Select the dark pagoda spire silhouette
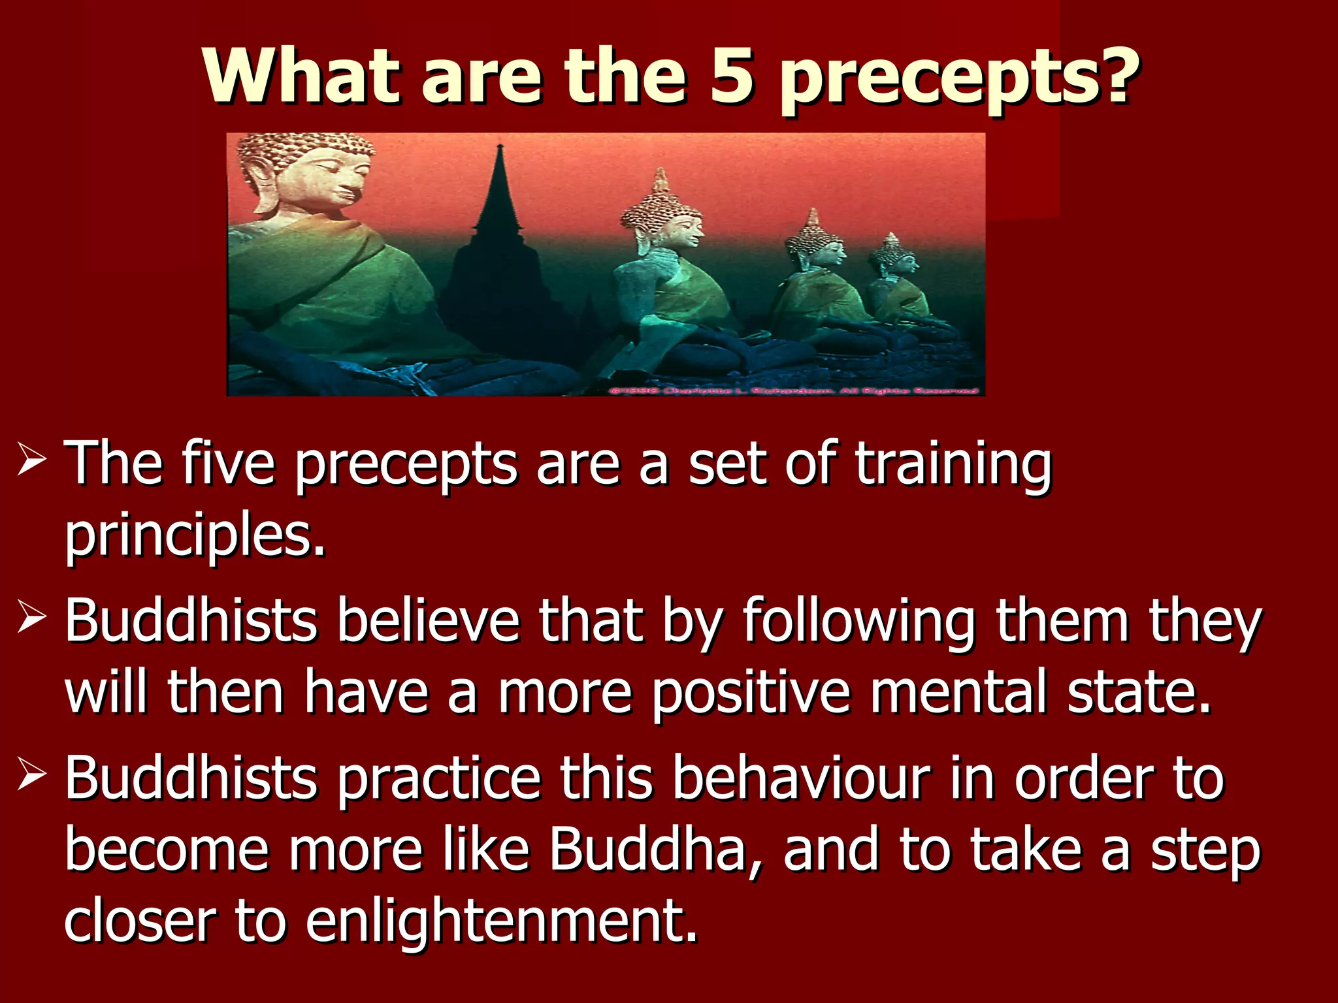(500, 196)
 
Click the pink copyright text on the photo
(794, 390)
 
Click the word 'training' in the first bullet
(954, 465)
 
